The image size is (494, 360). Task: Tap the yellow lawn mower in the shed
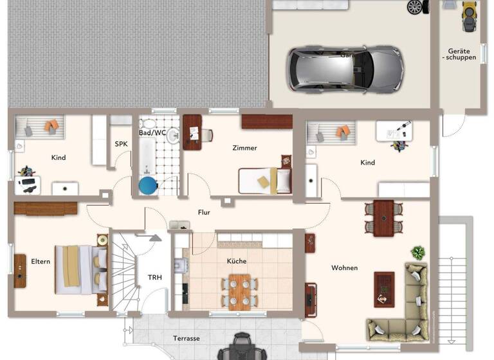pyautogui.click(x=468, y=15)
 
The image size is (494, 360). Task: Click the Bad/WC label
pyautogui.click(x=152, y=132)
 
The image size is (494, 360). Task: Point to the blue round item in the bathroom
pyautogui.click(x=148, y=186)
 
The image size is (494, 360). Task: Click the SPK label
pyautogui.click(x=121, y=144)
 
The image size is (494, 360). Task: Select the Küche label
pyautogui.click(x=236, y=262)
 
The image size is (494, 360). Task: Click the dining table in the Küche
pyautogui.click(x=239, y=290)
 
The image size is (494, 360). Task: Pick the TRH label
pyautogui.click(x=155, y=278)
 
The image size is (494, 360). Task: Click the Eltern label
pyautogui.click(x=41, y=262)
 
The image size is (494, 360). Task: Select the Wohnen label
pyautogui.click(x=344, y=267)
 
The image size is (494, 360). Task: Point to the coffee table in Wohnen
pyautogui.click(x=384, y=289)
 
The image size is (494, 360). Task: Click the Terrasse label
pyautogui.click(x=187, y=338)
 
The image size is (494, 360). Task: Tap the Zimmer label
pyautogui.click(x=244, y=148)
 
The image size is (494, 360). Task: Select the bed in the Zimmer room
pyautogui.click(x=264, y=181)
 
